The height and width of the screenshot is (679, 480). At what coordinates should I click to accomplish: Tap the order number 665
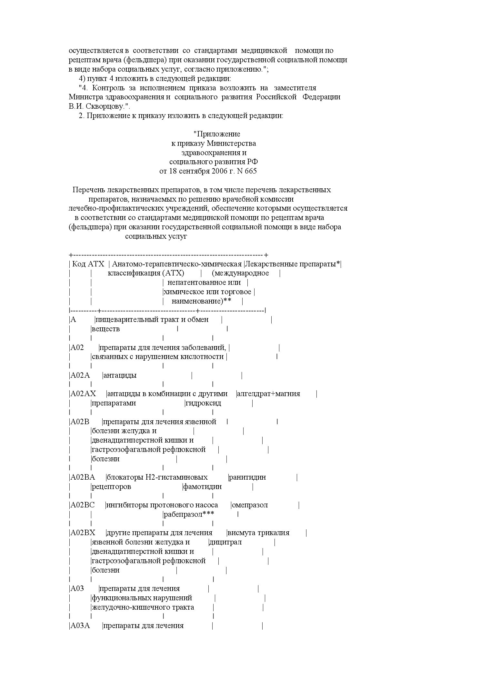click(x=251, y=171)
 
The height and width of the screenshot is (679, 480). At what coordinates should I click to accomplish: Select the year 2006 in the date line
click(x=220, y=171)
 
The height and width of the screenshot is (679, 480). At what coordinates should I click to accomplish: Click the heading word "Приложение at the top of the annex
click(x=217, y=134)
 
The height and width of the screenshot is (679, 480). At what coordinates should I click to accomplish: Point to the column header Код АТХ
click(x=88, y=264)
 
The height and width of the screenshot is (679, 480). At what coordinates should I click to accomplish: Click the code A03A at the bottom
click(x=80, y=626)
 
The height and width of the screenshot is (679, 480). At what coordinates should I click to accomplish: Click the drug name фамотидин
click(x=203, y=487)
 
